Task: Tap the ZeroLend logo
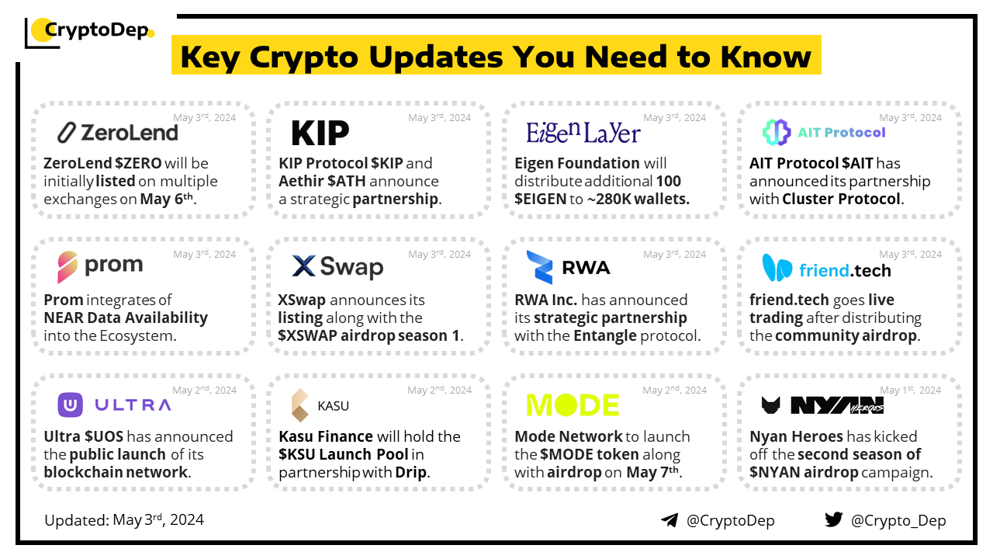[x=118, y=133]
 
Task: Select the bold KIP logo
[x=320, y=133]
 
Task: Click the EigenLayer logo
[x=583, y=133]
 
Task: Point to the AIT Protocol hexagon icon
[x=777, y=132]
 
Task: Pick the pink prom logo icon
[x=67, y=266]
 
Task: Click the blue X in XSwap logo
[x=303, y=266]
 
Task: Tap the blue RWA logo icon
[x=539, y=267]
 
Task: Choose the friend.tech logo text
[x=845, y=270]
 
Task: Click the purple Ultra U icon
[x=70, y=404]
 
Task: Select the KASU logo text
[x=333, y=406]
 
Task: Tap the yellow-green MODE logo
[x=573, y=404]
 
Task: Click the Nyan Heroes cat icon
[x=770, y=405]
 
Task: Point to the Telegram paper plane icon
[x=669, y=520]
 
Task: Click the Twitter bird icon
[x=833, y=519]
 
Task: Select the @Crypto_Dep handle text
[x=898, y=520]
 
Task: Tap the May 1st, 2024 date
[x=910, y=390]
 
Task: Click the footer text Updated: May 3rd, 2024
[x=124, y=520]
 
